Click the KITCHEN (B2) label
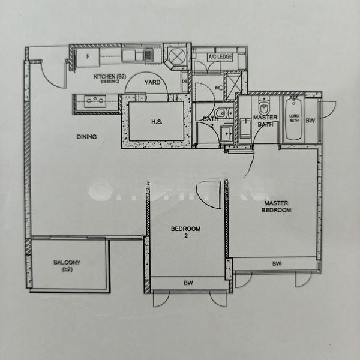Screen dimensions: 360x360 click(110, 77)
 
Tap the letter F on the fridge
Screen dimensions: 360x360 click(88, 56)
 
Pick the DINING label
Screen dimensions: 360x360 click(86, 137)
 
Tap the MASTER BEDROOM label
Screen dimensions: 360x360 click(277, 207)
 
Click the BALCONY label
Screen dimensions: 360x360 click(67, 265)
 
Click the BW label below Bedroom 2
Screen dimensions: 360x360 click(188, 282)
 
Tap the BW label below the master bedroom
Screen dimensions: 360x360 click(277, 263)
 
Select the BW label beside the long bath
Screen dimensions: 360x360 click(310, 121)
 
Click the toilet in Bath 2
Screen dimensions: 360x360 click(221, 113)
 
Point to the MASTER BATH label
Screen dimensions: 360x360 click(265, 121)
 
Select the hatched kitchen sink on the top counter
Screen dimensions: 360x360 click(148, 56)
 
